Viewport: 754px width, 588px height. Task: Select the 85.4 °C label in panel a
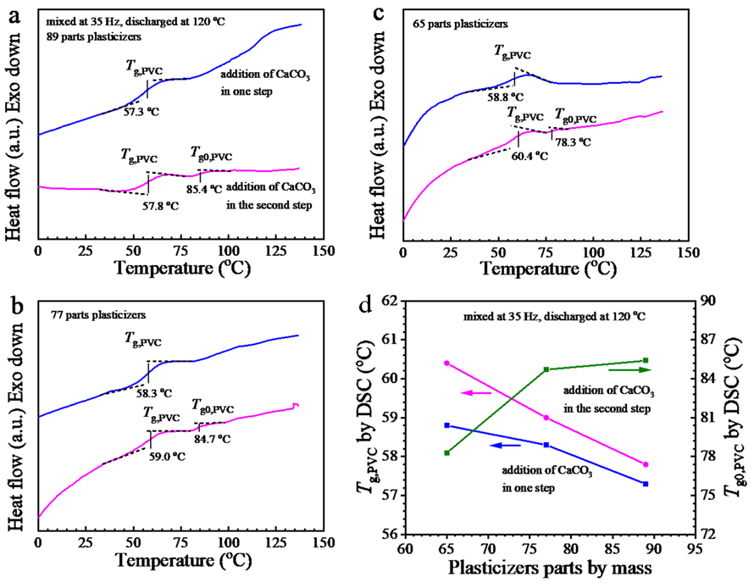pyautogui.click(x=215, y=189)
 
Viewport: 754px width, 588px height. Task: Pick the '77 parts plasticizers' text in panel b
pyautogui.click(x=95, y=315)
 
